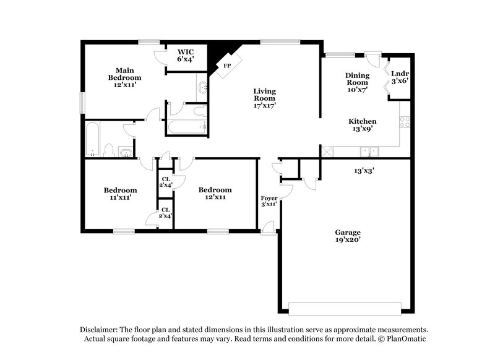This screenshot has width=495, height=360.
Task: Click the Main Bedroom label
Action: coord(125,78)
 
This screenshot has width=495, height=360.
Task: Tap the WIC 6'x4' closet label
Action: coord(186,55)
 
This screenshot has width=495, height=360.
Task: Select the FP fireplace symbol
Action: coord(227,65)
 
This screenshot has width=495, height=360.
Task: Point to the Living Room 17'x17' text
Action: coord(264,98)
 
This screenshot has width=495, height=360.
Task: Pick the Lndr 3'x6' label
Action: coord(399,77)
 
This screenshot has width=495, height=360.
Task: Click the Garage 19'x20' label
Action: coord(348,236)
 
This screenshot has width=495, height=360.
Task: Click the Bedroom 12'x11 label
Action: coord(215,193)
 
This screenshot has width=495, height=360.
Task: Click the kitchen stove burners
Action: coord(405,122)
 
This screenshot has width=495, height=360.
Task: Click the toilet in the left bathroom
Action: coord(108,150)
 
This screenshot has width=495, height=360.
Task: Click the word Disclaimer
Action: coord(100,330)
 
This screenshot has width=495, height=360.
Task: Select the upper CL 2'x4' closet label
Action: coord(166,181)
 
